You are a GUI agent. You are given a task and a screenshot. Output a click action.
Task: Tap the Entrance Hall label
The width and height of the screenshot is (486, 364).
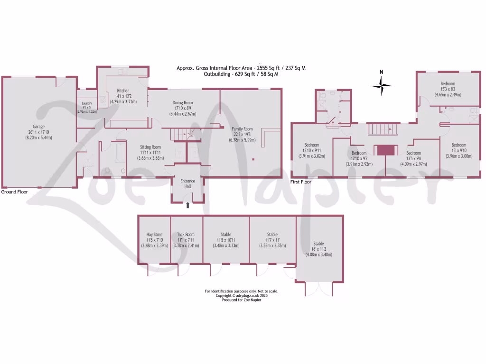(188, 183)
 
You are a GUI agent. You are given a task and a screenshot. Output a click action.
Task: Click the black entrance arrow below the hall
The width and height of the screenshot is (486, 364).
(188, 205)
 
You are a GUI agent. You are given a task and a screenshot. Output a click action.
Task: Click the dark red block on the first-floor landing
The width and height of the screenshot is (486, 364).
(385, 150)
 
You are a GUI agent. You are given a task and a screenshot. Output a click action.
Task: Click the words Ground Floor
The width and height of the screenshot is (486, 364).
(14, 192)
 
